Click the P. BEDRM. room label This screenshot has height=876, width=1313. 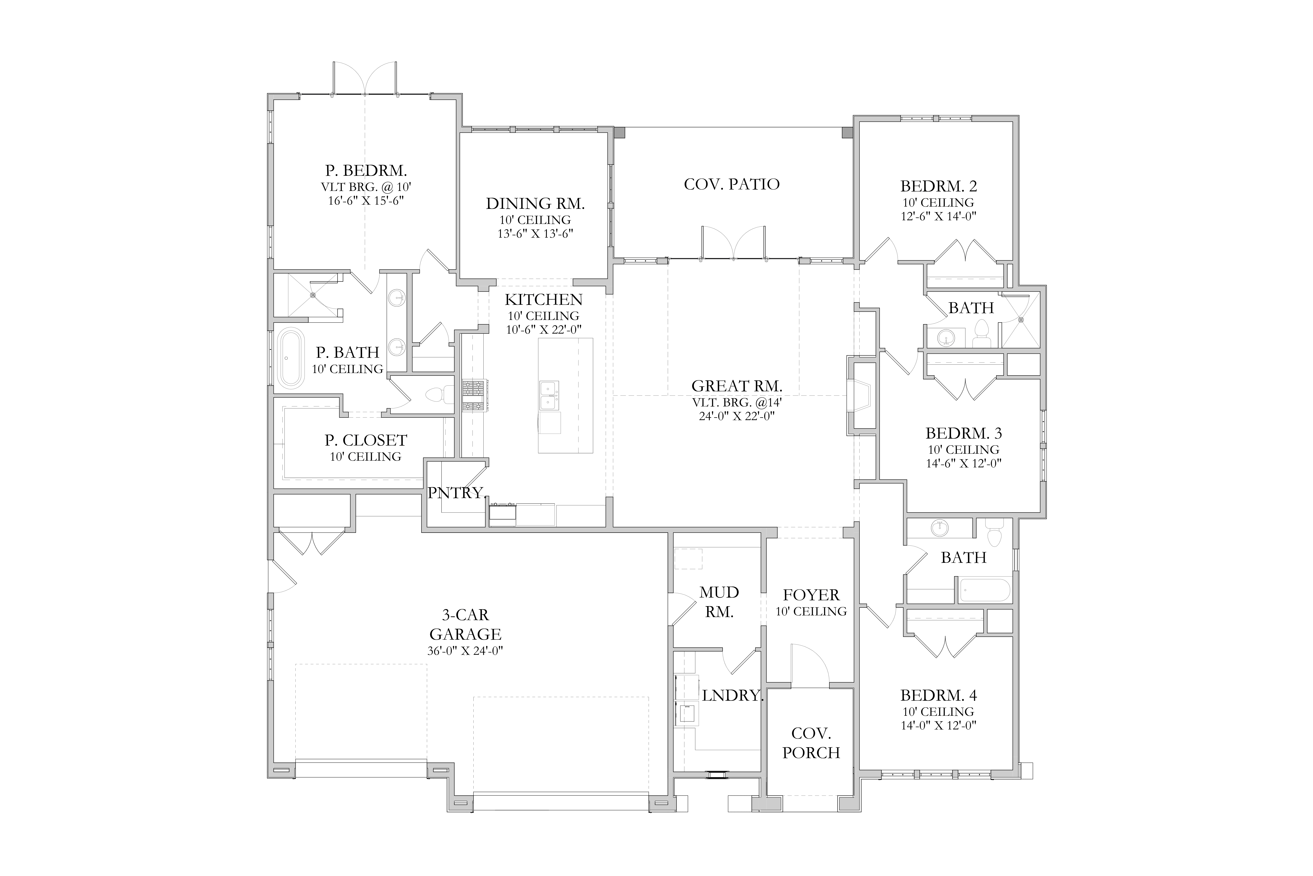pyautogui.click(x=366, y=170)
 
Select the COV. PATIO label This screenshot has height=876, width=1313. pyautogui.click(x=732, y=184)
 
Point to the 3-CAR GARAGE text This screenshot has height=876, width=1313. pyautogui.click(x=466, y=625)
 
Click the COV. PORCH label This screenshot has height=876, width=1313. pyautogui.click(x=811, y=743)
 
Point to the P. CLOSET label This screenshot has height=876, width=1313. pyautogui.click(x=366, y=440)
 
